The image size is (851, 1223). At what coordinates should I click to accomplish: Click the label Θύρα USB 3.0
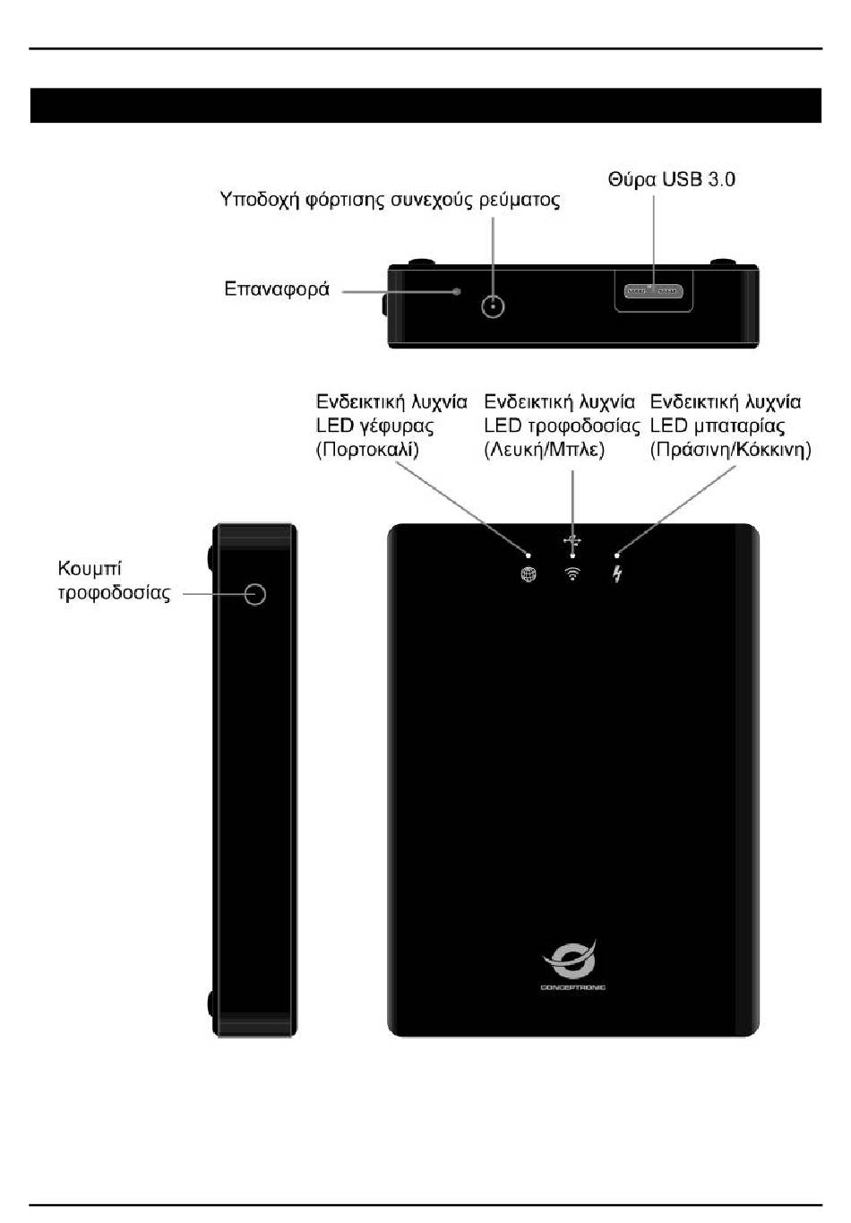pos(671,179)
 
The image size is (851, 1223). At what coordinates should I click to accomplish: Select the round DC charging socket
pos(493,306)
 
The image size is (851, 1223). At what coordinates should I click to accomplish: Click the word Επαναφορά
pos(276,289)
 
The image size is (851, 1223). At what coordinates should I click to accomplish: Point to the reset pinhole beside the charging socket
pos(457,291)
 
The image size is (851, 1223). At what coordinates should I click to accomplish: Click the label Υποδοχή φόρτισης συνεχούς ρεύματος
pos(390,200)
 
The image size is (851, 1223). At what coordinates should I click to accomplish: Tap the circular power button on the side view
pos(255,593)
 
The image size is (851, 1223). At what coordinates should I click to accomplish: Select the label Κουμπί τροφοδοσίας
pos(114,581)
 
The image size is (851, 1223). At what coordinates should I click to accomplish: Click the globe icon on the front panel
pos(529,574)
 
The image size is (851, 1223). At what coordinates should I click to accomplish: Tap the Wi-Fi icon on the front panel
pos(572,574)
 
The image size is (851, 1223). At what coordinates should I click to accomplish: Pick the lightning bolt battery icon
pos(617,574)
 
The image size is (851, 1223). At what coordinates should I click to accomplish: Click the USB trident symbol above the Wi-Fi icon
pos(573,541)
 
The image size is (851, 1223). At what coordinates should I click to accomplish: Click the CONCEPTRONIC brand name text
pos(572,987)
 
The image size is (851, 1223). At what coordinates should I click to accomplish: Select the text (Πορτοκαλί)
pos(367,450)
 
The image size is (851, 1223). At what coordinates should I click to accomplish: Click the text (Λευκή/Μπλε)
pos(545,450)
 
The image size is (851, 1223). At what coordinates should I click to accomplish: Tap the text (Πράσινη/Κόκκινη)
pos(730,450)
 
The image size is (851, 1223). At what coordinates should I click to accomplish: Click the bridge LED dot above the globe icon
pos(529,556)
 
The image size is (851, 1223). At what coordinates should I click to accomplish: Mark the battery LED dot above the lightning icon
pos(616,556)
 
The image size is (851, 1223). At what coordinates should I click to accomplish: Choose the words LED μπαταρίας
pos(718,426)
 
